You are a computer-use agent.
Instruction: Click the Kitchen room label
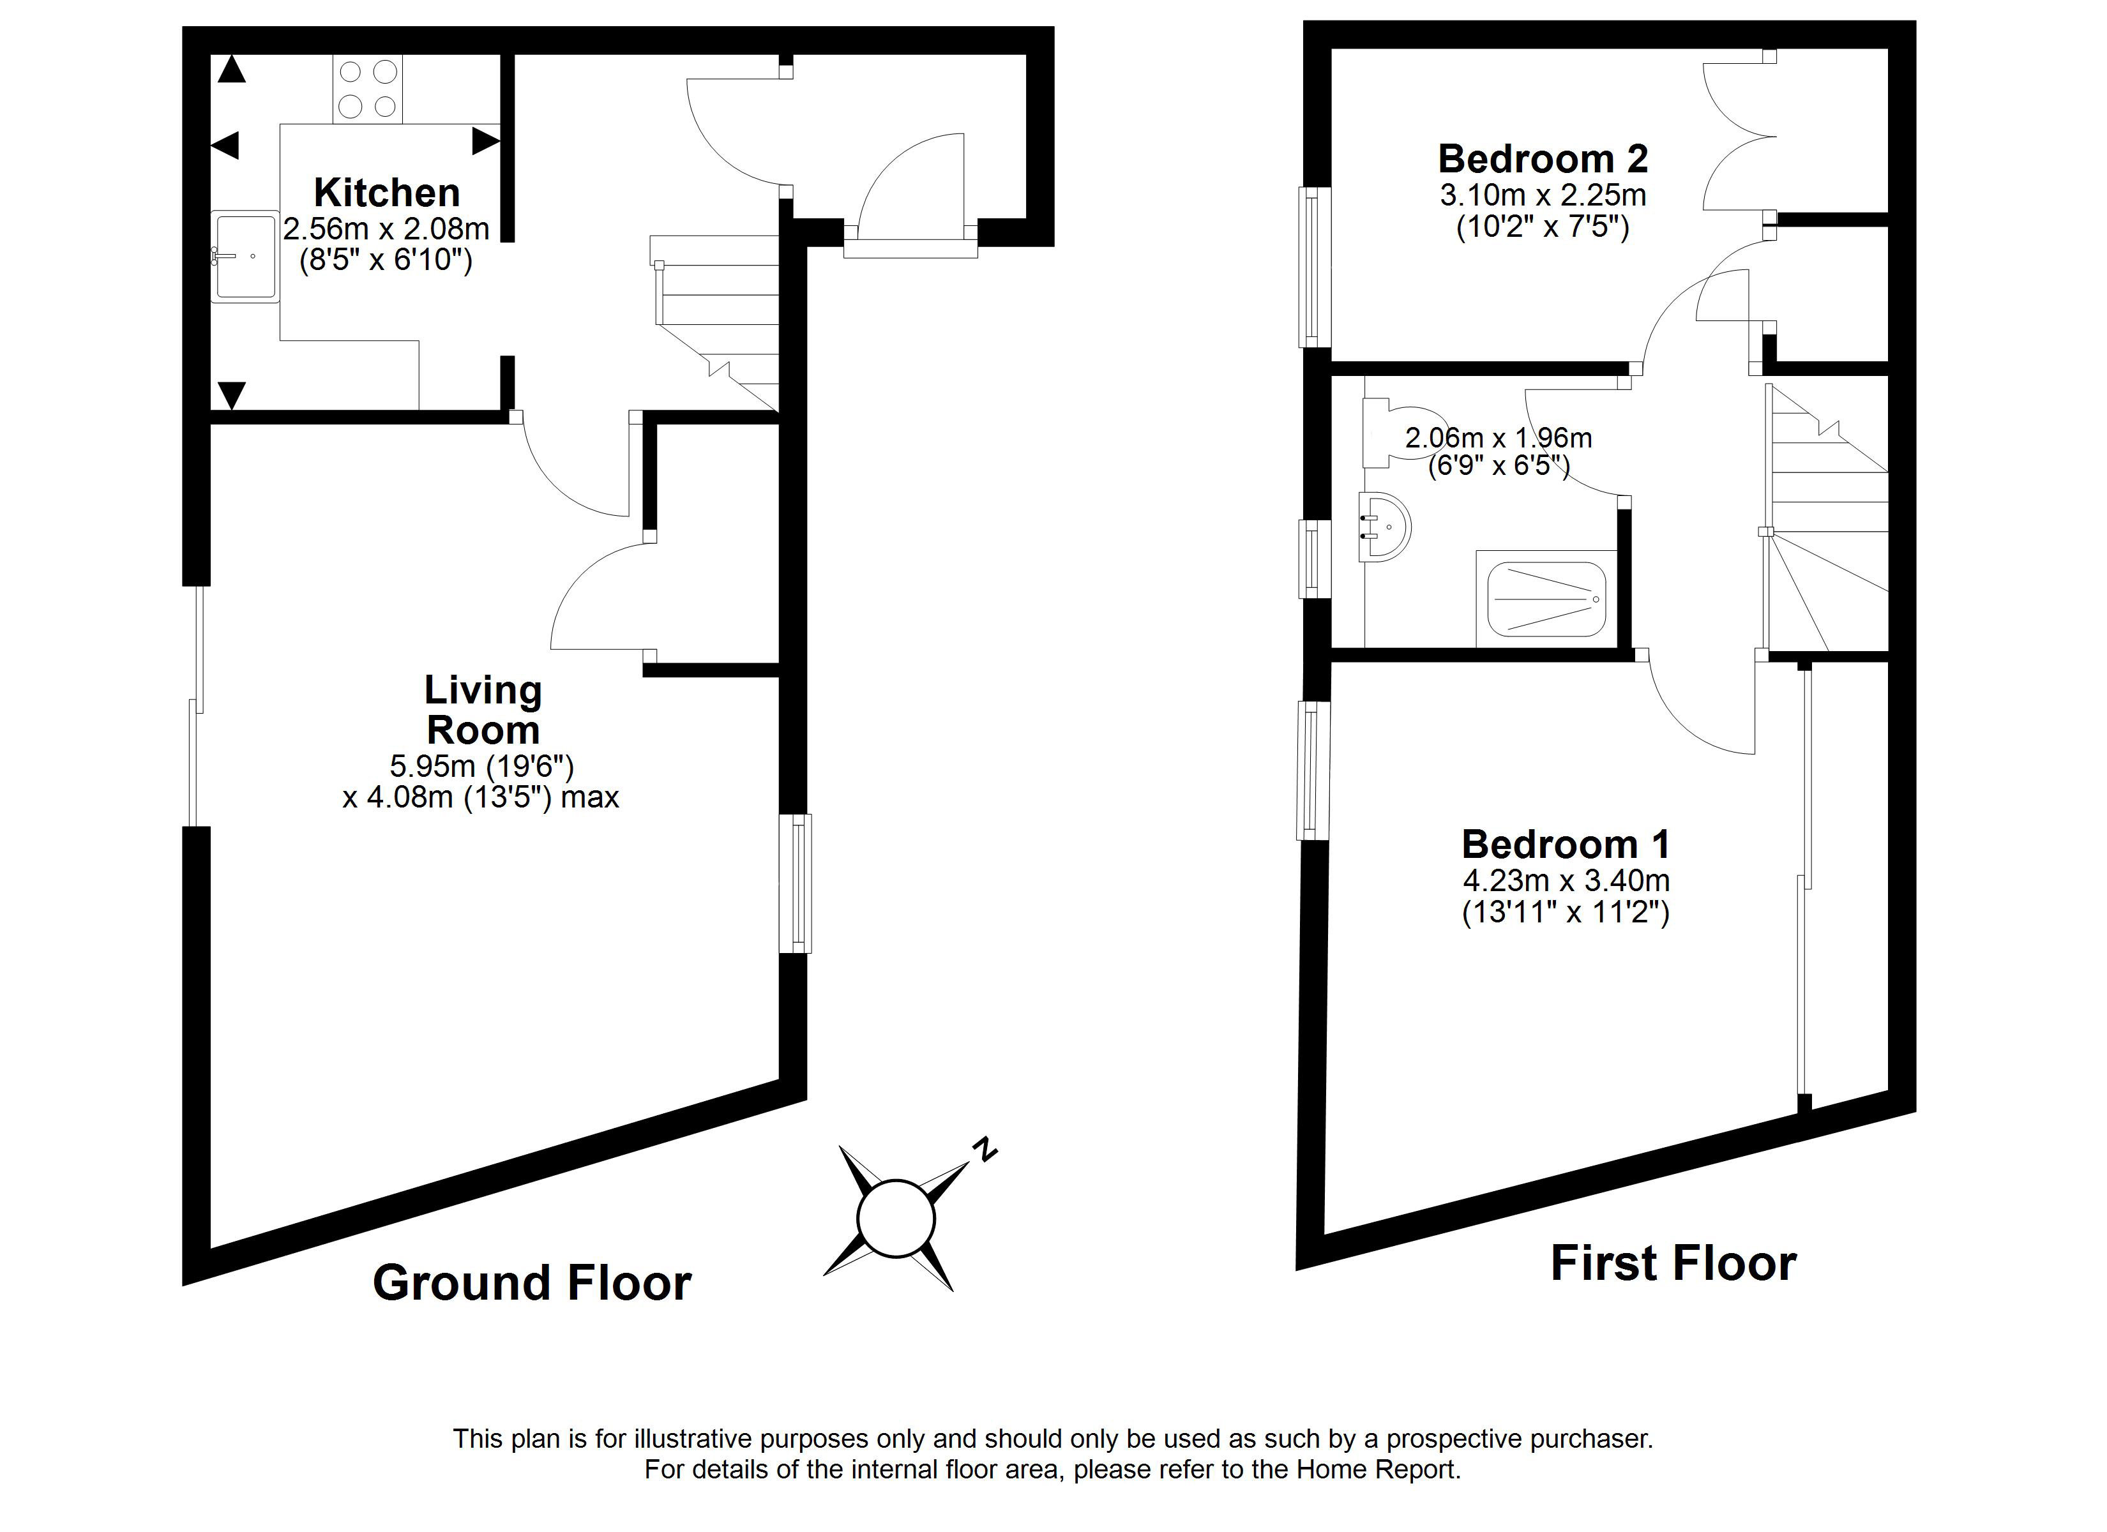pos(386,193)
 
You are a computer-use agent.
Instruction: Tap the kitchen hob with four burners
pos(368,89)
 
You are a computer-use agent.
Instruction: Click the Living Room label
pos(482,710)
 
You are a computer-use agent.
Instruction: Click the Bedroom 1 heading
pos(1566,845)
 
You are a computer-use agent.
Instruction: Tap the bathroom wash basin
pos(1384,527)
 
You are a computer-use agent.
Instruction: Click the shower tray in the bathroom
pos(1546,599)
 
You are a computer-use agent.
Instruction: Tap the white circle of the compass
pos(896,1218)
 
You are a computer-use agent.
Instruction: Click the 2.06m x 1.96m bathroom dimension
pos(1498,438)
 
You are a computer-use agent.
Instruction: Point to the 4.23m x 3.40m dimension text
pos(1566,880)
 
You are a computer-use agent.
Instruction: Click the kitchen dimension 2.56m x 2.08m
pos(386,229)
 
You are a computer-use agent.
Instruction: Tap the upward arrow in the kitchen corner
pos(231,70)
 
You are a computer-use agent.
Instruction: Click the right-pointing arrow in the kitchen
pos(486,141)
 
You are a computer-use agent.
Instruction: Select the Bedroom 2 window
pos(1313,267)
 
